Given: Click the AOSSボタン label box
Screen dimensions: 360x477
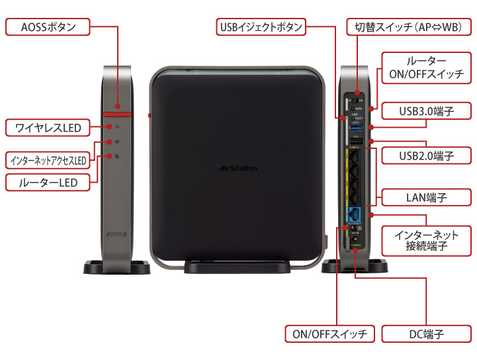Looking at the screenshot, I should click(x=48, y=27).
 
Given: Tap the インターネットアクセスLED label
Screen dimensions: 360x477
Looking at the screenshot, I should click(x=48, y=160).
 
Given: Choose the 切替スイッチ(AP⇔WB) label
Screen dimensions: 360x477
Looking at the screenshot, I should click(x=408, y=27).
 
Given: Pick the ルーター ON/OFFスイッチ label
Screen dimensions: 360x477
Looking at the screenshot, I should click(x=426, y=67).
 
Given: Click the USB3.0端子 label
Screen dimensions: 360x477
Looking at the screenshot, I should click(x=426, y=110).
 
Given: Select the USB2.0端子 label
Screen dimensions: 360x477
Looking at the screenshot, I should click(x=426, y=156).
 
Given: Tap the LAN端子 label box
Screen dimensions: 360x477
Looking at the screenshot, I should click(x=426, y=197).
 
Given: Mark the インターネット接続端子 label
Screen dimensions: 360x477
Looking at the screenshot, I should click(x=426, y=241).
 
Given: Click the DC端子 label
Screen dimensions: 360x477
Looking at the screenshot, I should click(x=426, y=334).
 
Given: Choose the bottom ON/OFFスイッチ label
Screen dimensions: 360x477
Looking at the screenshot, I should click(x=329, y=334).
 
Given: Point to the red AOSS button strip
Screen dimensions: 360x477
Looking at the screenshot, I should click(x=118, y=113).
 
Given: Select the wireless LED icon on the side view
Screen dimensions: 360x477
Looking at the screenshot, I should click(x=116, y=126).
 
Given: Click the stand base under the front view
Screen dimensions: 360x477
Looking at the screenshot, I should click(x=237, y=267).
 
